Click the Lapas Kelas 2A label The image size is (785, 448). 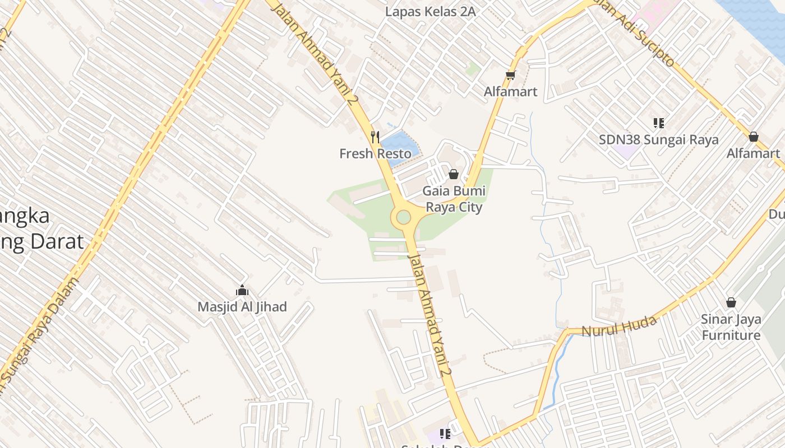[430, 11]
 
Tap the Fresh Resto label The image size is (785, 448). [375, 153]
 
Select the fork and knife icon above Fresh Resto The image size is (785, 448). [375, 137]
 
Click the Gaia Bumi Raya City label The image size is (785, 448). [454, 199]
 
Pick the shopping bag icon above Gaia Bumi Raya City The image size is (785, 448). [454, 174]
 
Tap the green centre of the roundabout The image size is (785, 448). [404, 217]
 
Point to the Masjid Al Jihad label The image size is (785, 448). [242, 307]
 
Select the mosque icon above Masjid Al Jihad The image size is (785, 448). [242, 290]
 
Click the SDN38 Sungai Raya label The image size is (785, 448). [658, 139]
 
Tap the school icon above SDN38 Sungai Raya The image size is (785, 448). [658, 123]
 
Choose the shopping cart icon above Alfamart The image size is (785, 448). [510, 75]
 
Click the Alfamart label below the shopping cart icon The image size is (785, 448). [511, 91]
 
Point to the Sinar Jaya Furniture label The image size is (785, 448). [731, 327]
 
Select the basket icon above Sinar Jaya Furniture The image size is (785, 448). [731, 302]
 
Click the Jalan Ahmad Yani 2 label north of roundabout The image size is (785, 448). [322, 53]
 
